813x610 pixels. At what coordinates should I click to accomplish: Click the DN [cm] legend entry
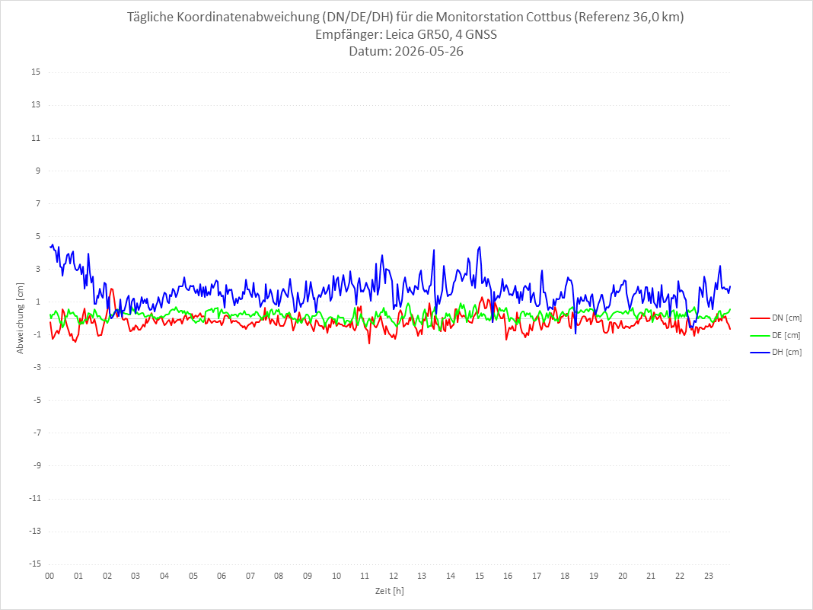click(x=776, y=318)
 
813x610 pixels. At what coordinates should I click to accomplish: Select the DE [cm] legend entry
click(x=776, y=335)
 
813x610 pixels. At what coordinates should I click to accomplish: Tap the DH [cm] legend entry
click(x=776, y=352)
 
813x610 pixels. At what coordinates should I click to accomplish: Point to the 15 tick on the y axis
click(x=36, y=72)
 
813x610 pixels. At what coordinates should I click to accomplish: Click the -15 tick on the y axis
click(x=35, y=564)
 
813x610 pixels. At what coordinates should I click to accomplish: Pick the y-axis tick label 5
click(x=38, y=236)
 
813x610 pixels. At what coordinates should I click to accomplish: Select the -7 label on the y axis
click(x=37, y=433)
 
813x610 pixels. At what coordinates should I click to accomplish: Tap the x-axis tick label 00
click(x=49, y=576)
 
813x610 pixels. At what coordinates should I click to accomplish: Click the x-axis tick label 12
click(x=394, y=576)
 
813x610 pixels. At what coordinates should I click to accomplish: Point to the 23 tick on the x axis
click(x=709, y=576)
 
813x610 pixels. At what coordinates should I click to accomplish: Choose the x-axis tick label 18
click(x=565, y=576)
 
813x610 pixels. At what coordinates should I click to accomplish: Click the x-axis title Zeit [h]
click(x=390, y=591)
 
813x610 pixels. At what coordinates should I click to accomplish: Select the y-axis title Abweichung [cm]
click(x=21, y=318)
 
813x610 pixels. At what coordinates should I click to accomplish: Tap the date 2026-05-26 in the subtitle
click(x=429, y=51)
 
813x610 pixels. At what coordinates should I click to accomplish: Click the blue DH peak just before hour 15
click(x=480, y=247)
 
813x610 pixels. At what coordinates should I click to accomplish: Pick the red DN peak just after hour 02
click(x=111, y=289)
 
